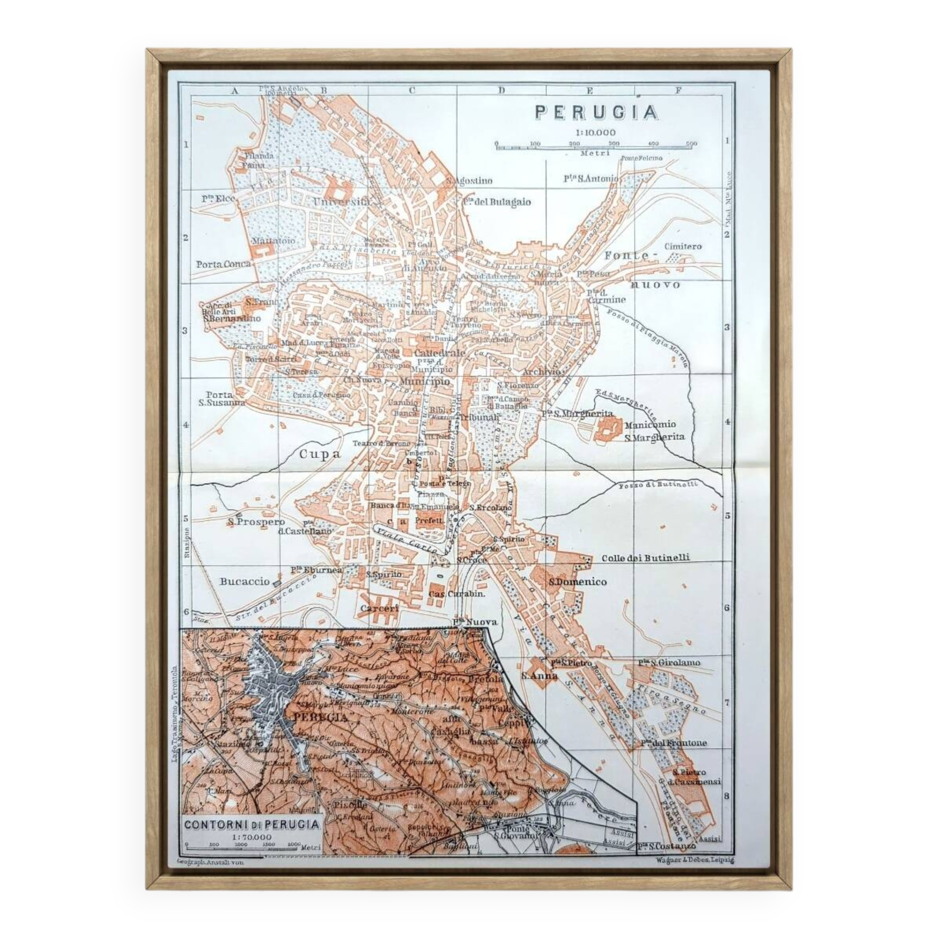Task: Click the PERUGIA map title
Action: point(597,113)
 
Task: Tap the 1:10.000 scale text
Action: point(595,133)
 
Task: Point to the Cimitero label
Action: point(682,246)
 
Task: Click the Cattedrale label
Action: point(439,353)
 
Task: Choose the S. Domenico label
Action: point(577,582)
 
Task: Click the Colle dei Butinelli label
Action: point(645,558)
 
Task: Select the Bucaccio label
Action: point(244,581)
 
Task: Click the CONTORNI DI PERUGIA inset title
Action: point(252,825)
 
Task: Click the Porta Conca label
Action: point(223,264)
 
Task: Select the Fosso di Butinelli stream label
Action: point(665,484)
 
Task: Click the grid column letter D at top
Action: point(501,91)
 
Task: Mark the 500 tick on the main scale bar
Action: point(691,144)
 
